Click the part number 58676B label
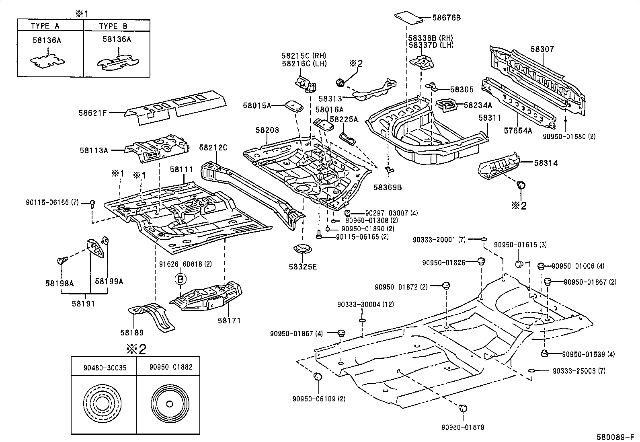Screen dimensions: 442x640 [x=447, y=18]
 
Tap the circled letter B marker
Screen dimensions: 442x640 [x=181, y=278]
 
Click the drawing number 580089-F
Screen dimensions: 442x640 [x=617, y=436]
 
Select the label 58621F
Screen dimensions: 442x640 [x=92, y=113]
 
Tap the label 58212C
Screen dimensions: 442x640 [x=213, y=148]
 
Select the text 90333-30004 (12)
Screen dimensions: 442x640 [x=365, y=305]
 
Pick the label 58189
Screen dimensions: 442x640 [x=132, y=333]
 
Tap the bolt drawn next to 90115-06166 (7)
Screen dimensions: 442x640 [x=92, y=204]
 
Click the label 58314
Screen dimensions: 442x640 [x=546, y=163]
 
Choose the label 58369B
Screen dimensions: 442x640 [x=388, y=187]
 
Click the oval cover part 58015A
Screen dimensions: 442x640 [x=294, y=105]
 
